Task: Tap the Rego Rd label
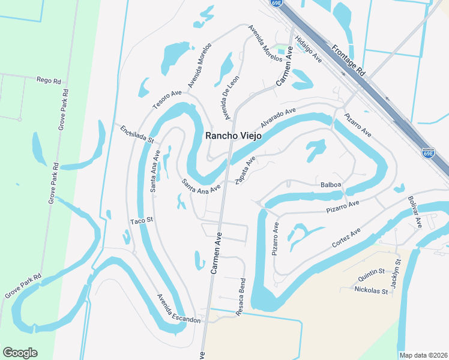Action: tap(49, 80)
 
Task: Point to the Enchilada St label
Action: tap(137, 134)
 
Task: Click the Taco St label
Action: tap(142, 220)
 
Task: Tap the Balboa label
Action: tap(331, 184)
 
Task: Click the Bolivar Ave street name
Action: tap(415, 211)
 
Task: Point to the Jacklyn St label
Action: tap(395, 274)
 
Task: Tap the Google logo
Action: tap(20, 353)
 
